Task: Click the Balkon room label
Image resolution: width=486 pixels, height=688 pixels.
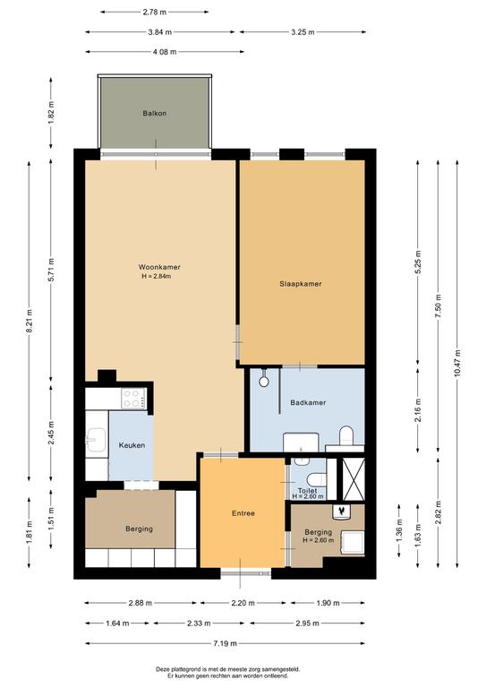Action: coord(154,113)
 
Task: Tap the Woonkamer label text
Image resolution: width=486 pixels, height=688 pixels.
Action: coord(159,267)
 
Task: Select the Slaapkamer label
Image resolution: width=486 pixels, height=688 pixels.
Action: coord(301,284)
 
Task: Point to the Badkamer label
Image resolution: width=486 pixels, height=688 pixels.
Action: coord(308,402)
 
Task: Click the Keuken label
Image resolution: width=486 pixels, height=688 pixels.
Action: coord(132,445)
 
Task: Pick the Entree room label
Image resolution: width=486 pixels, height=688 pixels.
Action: coord(243,513)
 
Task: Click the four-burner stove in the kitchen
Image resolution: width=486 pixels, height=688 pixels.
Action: coord(133,399)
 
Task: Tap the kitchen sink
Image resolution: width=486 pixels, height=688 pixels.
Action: coord(96,440)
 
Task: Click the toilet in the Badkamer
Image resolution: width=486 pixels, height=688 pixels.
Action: coord(346,434)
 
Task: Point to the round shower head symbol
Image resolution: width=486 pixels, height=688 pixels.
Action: coord(264,382)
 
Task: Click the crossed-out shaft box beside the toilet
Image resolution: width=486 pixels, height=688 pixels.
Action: coord(354,479)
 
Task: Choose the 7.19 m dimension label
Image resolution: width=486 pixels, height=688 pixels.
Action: coord(226,643)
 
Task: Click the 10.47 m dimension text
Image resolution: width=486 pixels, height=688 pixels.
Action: coord(457,363)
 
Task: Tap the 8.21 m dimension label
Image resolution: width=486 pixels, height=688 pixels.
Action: coord(30,321)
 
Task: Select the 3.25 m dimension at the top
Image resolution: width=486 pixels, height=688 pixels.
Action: coord(303,32)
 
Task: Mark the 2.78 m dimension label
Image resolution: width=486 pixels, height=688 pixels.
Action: coord(155,13)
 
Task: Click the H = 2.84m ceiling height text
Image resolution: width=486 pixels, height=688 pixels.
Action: coord(156,277)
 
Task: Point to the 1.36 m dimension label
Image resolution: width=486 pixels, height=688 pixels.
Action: coord(399,530)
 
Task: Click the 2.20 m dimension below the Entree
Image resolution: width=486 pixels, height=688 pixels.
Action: coord(243,603)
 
